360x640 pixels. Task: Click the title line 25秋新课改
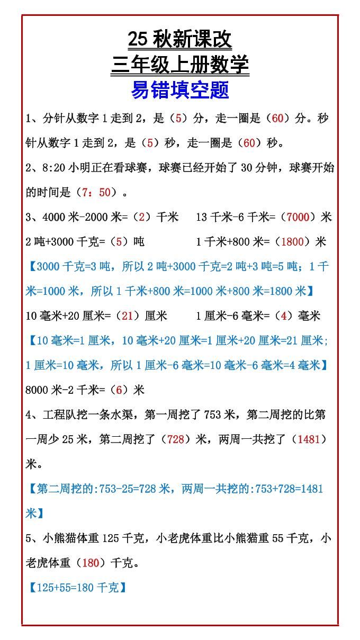pyautogui.click(x=179, y=40)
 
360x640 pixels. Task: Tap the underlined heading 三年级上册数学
pyautogui.click(x=179, y=65)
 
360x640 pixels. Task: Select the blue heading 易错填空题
pyautogui.click(x=179, y=91)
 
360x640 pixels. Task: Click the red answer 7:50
pyautogui.click(x=96, y=193)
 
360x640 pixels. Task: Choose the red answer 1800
pyautogui.click(x=292, y=242)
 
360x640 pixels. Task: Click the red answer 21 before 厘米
pyautogui.click(x=127, y=316)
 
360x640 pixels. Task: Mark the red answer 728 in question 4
pyautogui.click(x=175, y=439)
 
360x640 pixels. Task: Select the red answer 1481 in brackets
pyautogui.click(x=309, y=439)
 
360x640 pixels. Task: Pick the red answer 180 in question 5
pyautogui.click(x=91, y=563)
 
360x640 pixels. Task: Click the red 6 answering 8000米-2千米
pyautogui.click(x=119, y=390)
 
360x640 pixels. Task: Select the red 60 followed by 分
pyautogui.click(x=277, y=119)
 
